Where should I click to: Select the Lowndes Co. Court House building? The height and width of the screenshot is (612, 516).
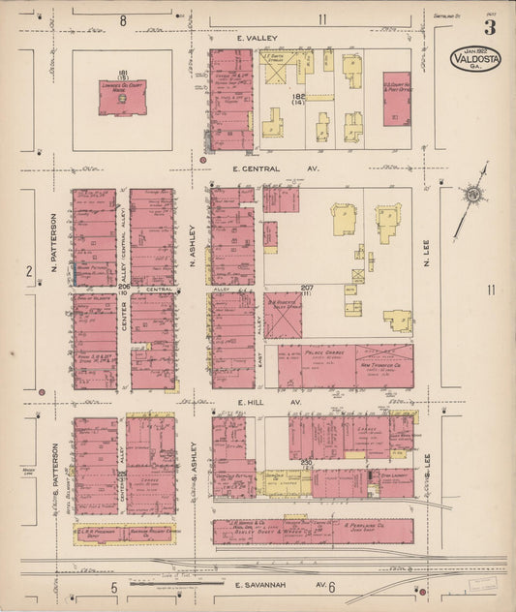122,98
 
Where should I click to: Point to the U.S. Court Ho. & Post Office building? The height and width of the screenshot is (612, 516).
396,98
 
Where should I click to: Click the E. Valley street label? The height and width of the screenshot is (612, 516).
258,38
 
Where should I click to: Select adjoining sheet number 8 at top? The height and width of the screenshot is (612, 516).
123,20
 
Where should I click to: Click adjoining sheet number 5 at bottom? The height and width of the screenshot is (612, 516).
114,588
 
